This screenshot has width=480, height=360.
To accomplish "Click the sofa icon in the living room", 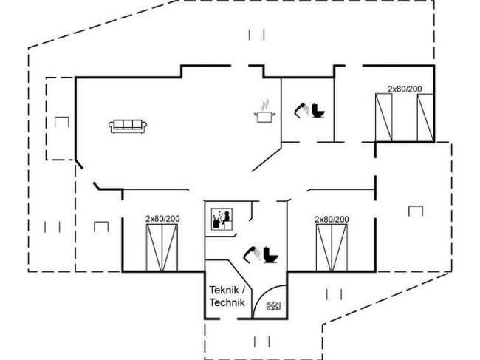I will [x=128, y=126].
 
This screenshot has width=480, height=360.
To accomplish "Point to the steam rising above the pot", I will [x=264, y=103].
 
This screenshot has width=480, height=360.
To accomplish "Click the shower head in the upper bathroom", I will [x=301, y=110].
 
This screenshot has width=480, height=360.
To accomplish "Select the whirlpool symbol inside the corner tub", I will [x=274, y=305].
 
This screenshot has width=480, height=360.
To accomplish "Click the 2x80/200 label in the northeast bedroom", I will [x=405, y=89].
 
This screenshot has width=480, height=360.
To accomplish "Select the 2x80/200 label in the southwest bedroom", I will [x=162, y=219].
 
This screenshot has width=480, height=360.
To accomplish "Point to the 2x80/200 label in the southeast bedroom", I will [x=332, y=219].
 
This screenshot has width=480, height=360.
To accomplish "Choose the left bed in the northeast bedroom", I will [x=383, y=118].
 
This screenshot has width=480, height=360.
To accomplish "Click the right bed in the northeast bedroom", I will [x=424, y=118].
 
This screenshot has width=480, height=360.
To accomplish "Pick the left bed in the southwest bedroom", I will [x=154, y=248].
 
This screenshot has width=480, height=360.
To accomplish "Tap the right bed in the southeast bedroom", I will [x=340, y=248].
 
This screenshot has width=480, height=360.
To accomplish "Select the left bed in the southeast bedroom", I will [x=323, y=248].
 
